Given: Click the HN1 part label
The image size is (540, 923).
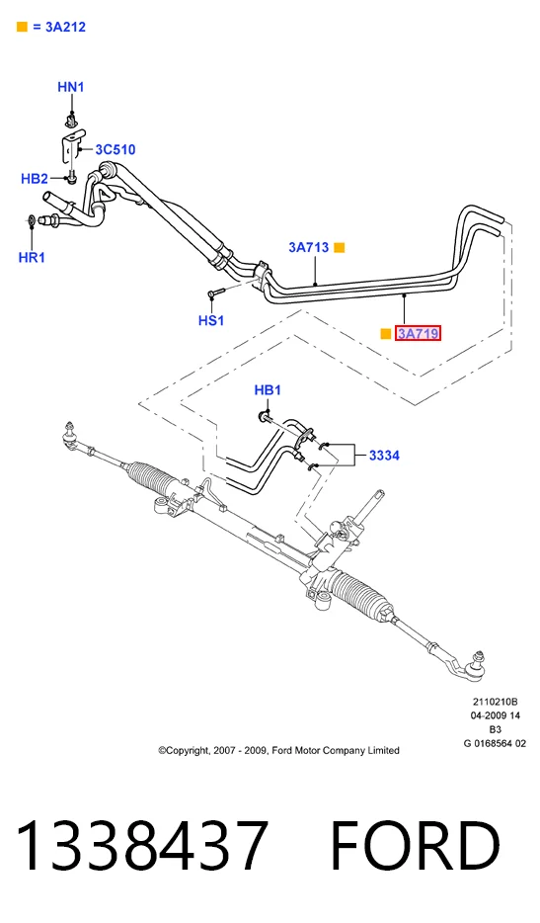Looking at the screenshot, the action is point(71,87).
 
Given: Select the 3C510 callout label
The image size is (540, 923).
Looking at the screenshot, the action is point(116,149).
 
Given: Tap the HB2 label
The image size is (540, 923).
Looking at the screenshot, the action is point(35,178).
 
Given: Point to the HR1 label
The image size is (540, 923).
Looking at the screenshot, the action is point(32,257).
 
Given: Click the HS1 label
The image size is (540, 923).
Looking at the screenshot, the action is point(211,321).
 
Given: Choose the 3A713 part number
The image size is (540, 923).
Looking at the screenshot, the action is point(309,247).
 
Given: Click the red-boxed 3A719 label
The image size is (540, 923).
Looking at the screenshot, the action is point(419,334).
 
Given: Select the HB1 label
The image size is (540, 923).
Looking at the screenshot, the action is point(268,390).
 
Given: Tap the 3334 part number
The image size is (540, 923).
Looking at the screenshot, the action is point(384,455).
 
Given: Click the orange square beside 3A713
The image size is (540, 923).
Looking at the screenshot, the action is point(340,248).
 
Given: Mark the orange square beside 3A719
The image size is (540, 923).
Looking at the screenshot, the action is point(386,334).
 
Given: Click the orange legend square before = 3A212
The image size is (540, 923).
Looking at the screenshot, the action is point(22,27).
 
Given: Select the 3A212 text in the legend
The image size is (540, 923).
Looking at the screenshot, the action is point(65,27).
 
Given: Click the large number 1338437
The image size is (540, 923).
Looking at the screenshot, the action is point(142,845).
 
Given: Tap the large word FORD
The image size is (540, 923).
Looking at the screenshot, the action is point(416,845).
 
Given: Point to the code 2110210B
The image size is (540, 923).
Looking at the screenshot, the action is point(495,702).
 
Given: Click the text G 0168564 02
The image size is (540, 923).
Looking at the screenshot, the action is point(495,743).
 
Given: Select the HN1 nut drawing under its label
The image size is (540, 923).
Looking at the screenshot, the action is point(72,123).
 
